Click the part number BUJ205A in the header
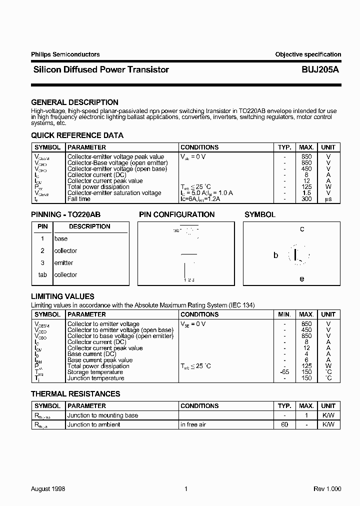[320, 70]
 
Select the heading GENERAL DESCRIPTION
[74, 102]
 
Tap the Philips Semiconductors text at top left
[65, 54]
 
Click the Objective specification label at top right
[308, 54]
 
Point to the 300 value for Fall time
[306, 199]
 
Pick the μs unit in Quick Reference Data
[328, 199]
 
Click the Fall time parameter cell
[79, 199]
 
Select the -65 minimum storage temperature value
[284, 372]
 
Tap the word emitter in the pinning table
[63, 263]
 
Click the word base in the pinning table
[60, 239]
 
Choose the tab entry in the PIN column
[42, 275]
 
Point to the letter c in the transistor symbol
[302, 229]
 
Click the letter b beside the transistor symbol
[275, 255]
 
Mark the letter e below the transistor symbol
[301, 279]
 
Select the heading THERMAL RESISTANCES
[75, 394]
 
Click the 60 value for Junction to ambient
[284, 424]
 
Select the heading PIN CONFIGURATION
[176, 214]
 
